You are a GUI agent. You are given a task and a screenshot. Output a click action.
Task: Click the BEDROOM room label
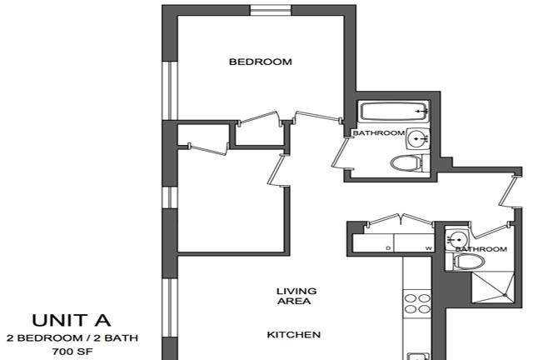coord(261,62)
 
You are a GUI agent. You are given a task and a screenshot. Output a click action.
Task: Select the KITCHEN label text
coord(294,335)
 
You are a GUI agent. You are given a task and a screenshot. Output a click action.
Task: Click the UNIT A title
coord(72,320)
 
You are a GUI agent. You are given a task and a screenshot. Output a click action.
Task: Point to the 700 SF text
coord(72,351)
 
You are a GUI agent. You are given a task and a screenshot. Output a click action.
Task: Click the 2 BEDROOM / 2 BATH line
coord(72,337)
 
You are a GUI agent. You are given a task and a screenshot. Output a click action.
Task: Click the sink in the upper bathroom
coord(418,139)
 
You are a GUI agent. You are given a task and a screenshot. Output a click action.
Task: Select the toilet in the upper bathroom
coord(411,163)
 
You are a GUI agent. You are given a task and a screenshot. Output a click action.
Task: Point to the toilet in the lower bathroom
coord(466,262)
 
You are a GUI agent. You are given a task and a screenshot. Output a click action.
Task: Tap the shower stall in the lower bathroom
coord(492,287)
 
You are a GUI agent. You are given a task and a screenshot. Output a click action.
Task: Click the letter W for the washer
coord(429,248)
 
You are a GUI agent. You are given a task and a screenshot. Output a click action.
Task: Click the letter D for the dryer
coord(388,248)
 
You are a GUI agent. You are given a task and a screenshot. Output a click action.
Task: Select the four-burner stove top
coord(417,303)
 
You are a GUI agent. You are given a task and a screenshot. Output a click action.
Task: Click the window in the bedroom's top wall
coord(271,10)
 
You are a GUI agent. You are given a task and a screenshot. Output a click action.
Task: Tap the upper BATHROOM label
coord(379,132)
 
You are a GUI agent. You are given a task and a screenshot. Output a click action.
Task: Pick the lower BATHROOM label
coord(481,249)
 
